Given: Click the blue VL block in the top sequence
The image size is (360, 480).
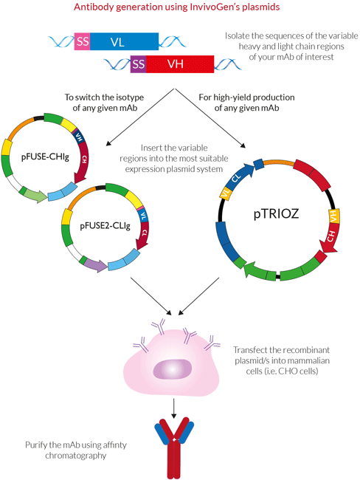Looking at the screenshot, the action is pos(124,41).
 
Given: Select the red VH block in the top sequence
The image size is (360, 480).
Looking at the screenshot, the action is pos(180,64).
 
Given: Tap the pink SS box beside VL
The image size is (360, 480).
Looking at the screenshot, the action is pos(83,41).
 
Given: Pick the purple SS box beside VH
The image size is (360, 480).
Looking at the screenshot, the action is pos(138,64).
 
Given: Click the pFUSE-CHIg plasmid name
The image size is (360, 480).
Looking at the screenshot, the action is pos(45,157).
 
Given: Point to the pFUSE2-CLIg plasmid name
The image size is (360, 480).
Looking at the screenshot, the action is pos(105,226).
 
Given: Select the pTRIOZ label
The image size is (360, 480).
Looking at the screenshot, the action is pos(276,213).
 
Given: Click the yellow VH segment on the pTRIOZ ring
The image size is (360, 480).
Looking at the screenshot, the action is pos(333,216).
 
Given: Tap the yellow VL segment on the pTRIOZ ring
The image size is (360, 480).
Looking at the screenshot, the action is pos(226,193).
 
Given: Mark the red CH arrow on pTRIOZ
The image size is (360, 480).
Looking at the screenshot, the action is pos(330,238).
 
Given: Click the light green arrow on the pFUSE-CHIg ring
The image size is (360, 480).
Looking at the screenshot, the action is pos(35,195).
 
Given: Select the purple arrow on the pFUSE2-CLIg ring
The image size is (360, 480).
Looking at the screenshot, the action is pos(95,264).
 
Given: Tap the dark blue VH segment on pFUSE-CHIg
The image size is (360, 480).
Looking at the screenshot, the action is pos(79,137).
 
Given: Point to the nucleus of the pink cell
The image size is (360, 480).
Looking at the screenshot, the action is pos(172,369).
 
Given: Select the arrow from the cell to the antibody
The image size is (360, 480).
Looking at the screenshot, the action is pos(174,408).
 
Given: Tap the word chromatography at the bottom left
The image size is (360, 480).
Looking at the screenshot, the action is pos(75,456).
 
